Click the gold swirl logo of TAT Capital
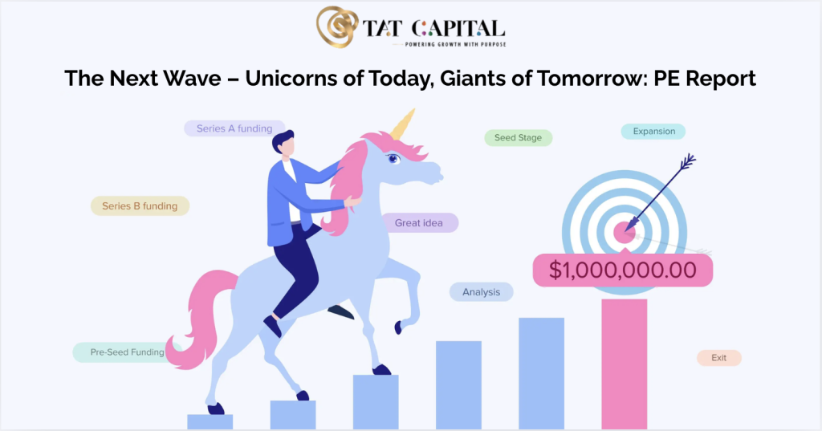(338, 26)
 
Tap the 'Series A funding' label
(234, 128)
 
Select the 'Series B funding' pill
(140, 206)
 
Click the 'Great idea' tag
(419, 223)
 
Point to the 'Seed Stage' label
(518, 137)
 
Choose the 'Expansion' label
(653, 131)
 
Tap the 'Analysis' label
(482, 292)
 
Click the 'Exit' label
(718, 358)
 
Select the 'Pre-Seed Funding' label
(127, 352)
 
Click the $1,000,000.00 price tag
(623, 270)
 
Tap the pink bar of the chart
(624, 364)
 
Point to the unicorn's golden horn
(403, 124)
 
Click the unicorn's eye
(393, 158)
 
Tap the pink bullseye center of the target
(624, 233)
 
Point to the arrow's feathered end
(687, 162)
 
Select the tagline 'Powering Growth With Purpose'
(456, 45)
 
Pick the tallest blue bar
(542, 374)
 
